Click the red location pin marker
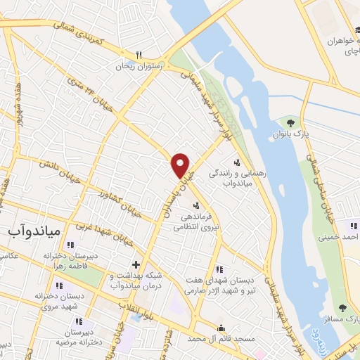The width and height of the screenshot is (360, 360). (x=181, y=165)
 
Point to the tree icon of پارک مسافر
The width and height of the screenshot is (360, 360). (x=342, y=308)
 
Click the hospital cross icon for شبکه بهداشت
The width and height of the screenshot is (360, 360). (x=136, y=265)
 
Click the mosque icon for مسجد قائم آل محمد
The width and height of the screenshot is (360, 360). (x=221, y=328)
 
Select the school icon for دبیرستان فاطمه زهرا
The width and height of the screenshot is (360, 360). (x=70, y=245)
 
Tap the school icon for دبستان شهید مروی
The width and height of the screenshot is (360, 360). (x=59, y=285)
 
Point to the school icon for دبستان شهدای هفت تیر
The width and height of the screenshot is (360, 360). (x=219, y=269)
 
